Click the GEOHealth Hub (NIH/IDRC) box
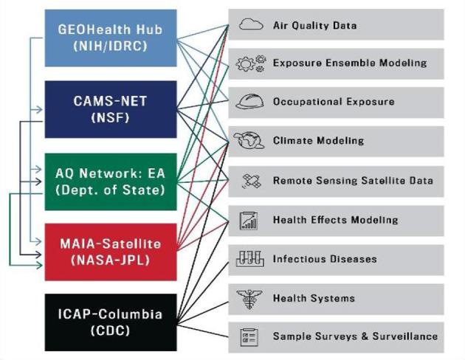(x=111, y=38)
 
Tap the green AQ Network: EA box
(x=111, y=179)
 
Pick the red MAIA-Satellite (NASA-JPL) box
(x=111, y=251)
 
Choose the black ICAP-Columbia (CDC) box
(x=111, y=322)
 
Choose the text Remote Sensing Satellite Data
(x=353, y=180)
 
